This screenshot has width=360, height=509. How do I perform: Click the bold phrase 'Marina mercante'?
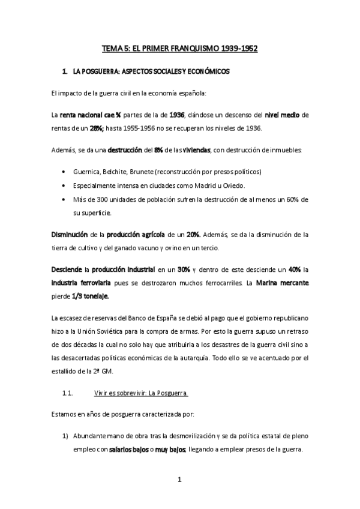pos(280,283)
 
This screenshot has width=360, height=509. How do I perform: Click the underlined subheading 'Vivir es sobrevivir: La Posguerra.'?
pos(142,393)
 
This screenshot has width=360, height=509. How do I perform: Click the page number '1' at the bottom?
pos(180,480)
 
